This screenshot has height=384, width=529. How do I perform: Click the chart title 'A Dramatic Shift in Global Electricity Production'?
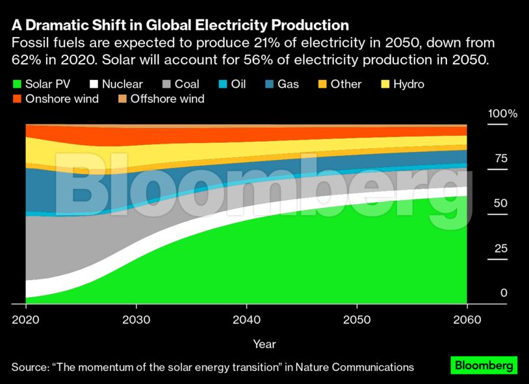(180, 25)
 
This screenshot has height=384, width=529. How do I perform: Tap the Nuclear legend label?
(122, 84)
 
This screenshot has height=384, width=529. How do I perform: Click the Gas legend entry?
(288, 84)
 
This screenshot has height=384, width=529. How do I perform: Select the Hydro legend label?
(408, 84)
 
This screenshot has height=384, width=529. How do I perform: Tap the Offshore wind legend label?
(167, 99)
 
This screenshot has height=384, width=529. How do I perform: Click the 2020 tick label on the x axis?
(26, 320)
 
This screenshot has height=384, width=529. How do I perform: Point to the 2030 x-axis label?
(136, 320)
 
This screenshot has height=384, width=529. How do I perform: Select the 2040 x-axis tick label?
(246, 320)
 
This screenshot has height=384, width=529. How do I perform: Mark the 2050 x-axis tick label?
(357, 320)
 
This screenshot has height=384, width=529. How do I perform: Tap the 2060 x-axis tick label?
(467, 320)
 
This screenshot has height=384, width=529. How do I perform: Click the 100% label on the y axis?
(502, 114)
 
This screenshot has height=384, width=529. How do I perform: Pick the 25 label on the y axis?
(499, 249)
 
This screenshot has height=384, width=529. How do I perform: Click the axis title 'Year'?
(264, 344)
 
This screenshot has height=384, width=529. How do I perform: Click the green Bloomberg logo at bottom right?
(484, 365)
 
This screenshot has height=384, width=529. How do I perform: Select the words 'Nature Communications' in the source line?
(354, 367)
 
